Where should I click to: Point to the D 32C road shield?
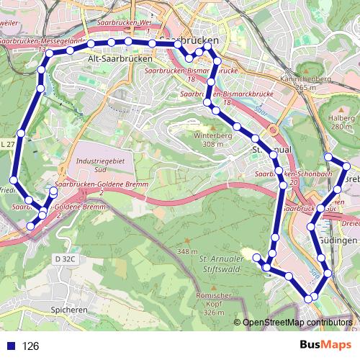point(65,258)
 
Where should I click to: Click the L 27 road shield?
point(6,144)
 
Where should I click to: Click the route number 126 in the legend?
point(30,346)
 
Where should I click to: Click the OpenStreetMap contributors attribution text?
point(297,323)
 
